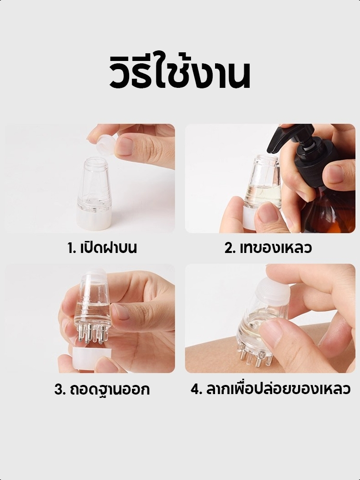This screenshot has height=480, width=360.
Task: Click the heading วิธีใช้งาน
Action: click(180, 72)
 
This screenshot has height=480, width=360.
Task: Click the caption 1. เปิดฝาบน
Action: click(102, 248)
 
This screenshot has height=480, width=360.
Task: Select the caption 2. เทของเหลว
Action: click(268, 248)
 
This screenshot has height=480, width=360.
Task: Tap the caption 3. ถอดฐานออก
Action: click(102, 389)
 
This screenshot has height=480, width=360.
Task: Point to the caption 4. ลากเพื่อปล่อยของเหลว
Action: click(270, 389)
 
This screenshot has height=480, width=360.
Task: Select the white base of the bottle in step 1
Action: click(95, 219)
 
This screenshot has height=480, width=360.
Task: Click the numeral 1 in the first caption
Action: click(71, 249)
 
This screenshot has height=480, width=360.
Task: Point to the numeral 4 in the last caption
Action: click(195, 389)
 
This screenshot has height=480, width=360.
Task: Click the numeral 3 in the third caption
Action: click(59, 390)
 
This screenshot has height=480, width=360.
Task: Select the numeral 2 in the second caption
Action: click(229, 249)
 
